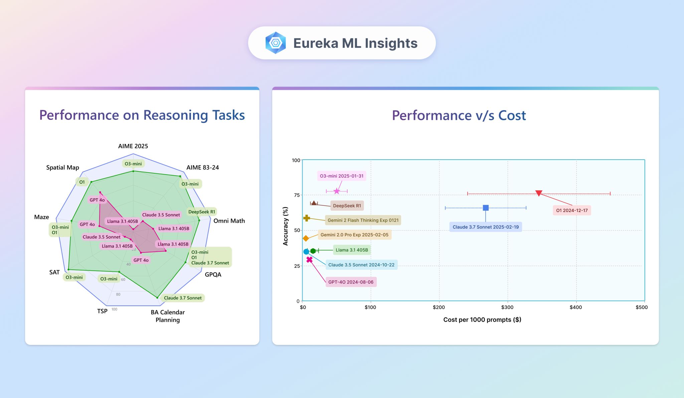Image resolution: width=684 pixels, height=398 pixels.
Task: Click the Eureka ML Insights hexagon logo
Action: (276, 43)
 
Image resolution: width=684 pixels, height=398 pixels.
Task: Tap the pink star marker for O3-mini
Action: (337, 191)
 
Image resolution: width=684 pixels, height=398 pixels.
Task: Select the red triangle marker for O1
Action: (539, 193)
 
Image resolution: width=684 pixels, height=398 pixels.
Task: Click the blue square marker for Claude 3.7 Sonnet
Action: (486, 208)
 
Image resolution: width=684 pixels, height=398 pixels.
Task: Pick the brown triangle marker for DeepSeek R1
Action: (314, 203)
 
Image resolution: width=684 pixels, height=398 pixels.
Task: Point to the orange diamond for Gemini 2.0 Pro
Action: (306, 238)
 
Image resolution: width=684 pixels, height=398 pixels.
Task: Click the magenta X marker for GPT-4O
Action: (309, 259)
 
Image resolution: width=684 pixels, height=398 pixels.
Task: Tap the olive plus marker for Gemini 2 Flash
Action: (306, 218)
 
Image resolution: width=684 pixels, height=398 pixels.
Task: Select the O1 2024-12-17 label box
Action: (571, 210)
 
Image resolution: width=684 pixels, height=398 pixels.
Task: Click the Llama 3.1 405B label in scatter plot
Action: (352, 250)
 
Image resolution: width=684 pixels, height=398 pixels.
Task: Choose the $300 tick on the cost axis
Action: (507, 307)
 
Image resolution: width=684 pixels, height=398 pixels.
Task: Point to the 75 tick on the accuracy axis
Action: (297, 195)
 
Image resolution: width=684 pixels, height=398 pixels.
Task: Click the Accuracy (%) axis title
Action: (285, 226)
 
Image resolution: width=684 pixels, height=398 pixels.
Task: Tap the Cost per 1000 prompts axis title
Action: (482, 320)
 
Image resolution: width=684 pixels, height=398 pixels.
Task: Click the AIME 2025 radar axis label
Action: (133, 146)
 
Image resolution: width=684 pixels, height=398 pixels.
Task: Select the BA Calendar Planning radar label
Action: (168, 316)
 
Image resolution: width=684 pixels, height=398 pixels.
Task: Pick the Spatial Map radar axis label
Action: (62, 167)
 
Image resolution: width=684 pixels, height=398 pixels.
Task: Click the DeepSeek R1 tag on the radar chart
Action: (201, 212)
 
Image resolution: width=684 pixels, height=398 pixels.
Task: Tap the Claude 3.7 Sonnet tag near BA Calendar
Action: (183, 298)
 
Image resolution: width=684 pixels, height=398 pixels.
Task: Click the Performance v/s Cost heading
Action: (459, 116)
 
